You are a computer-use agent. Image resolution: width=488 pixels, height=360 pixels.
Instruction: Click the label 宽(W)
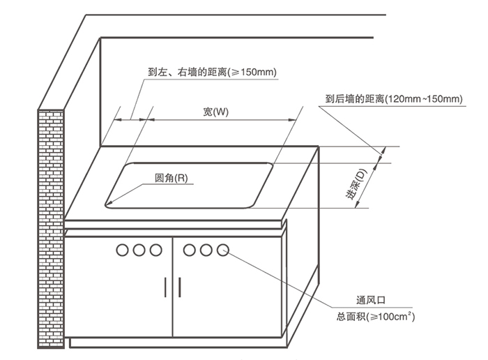(x=215, y=112)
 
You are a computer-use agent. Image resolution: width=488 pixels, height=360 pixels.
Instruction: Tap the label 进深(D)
(x=356, y=184)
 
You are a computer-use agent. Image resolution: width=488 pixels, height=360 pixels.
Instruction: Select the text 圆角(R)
(x=171, y=178)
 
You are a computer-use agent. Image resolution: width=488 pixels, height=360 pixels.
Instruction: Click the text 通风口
(x=371, y=300)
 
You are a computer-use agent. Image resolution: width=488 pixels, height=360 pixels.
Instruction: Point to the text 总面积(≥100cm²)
(x=375, y=317)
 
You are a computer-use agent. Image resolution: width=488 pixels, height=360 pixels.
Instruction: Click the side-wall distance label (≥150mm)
(x=212, y=73)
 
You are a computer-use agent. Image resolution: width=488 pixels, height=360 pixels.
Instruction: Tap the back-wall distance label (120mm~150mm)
(x=394, y=99)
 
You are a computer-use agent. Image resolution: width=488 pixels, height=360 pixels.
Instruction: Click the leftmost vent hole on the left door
(x=122, y=250)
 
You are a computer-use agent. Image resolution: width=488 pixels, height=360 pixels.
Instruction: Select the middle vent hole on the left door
(x=139, y=250)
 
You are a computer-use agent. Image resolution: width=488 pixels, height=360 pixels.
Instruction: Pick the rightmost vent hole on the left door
(x=155, y=250)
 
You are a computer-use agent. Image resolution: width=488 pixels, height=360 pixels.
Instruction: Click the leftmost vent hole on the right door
(x=189, y=250)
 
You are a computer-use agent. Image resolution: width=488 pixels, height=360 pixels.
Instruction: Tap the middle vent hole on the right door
(x=206, y=250)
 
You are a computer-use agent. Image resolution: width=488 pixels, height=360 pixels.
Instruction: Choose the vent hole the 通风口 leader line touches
(x=222, y=250)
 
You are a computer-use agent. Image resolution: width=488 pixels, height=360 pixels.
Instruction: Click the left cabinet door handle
(x=166, y=287)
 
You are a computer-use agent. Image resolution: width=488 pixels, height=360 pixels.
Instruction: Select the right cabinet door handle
(x=180, y=287)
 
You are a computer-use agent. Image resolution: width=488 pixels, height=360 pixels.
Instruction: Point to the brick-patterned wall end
(x=51, y=229)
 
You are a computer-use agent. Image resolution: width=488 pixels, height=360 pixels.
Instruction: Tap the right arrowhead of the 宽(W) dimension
(x=293, y=119)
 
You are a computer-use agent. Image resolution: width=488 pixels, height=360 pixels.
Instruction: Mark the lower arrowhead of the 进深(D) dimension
(x=358, y=204)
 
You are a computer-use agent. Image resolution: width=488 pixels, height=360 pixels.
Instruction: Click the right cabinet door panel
(x=227, y=287)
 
